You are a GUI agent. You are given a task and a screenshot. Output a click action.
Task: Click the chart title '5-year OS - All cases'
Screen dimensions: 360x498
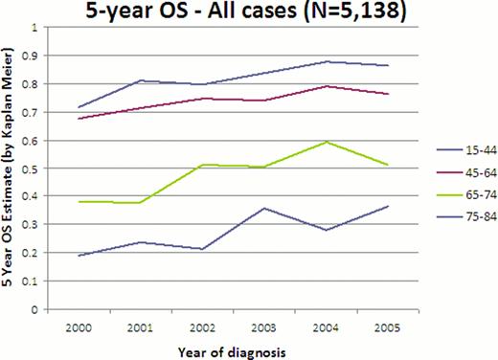tap(248, 12)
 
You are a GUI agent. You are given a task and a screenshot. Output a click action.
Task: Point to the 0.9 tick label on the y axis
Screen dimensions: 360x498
tap(34, 56)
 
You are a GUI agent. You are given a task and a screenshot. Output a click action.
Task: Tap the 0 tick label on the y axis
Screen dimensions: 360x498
tap(38, 310)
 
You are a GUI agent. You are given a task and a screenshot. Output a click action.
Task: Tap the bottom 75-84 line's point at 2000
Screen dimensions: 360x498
tap(79, 256)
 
